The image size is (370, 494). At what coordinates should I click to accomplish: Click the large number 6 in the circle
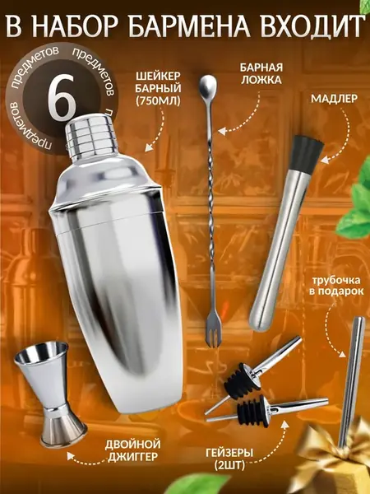tap(62, 99)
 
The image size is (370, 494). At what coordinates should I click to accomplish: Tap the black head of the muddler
tap(304, 153)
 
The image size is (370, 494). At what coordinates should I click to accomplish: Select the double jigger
tap(49, 394)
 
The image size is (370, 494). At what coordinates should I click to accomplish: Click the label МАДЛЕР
tap(334, 99)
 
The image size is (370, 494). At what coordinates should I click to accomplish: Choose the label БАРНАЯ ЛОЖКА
tap(261, 74)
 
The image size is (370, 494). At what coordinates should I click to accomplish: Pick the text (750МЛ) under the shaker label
tap(158, 100)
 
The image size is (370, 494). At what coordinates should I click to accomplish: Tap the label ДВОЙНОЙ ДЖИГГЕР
tap(132, 450)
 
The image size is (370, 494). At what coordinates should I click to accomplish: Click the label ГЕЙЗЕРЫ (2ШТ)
tap(229, 459)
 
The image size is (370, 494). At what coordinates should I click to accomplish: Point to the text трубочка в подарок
tap(335, 286)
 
